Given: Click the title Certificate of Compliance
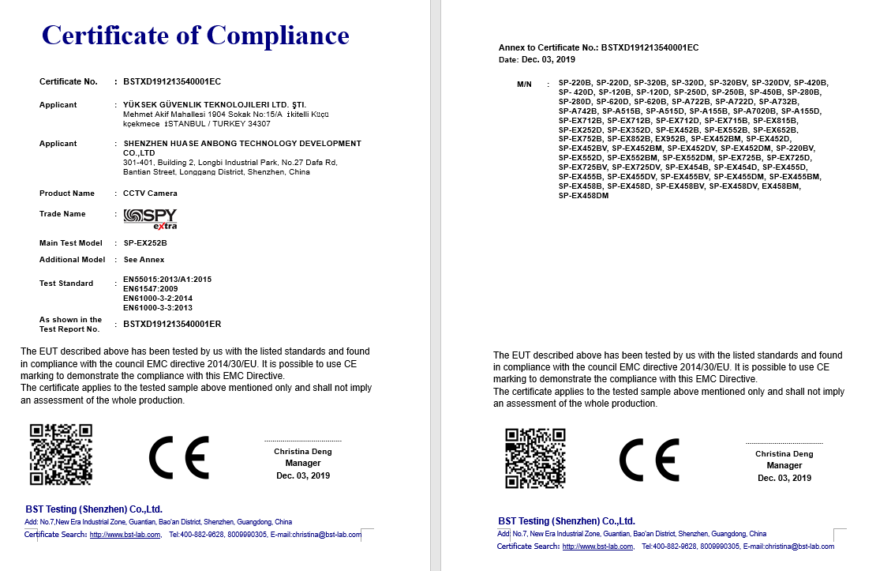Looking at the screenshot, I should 195,36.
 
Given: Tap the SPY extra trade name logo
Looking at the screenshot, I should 150,219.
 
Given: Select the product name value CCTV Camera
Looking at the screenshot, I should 150,193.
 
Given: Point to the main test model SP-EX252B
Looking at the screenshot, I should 145,243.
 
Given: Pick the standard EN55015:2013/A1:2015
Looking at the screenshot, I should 167,280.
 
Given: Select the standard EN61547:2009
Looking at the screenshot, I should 150,289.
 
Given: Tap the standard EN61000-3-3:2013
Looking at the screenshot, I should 158,308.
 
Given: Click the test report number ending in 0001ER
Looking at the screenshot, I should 172,325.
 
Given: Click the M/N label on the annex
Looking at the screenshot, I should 525,83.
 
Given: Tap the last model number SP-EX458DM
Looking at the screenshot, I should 583,196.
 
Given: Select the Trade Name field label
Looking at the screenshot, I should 62,214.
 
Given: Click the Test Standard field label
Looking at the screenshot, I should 66,284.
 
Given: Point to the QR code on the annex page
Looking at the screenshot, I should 536,458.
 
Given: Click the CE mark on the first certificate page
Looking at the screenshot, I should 179,457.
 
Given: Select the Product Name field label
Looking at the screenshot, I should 67,193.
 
